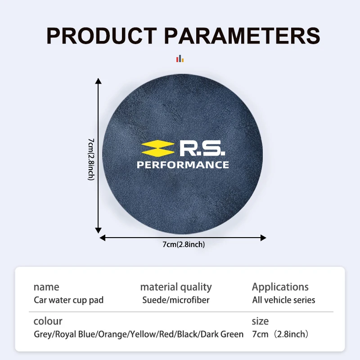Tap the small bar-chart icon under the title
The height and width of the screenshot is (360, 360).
point(180,58)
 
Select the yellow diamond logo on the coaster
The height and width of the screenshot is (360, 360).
point(157,148)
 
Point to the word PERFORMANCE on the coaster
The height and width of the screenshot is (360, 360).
point(183,165)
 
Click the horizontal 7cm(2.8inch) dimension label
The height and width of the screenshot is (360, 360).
point(184,245)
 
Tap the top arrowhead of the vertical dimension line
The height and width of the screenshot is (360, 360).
point(99,81)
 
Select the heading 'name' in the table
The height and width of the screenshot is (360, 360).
point(46,287)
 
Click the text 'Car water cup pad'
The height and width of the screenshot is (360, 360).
point(68,300)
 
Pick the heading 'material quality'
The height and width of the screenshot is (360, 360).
point(176,287)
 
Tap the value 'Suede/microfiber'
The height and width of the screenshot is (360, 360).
point(176,300)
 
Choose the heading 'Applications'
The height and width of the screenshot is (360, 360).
point(280,287)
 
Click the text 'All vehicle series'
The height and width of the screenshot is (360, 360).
point(283,300)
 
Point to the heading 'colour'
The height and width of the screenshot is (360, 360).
point(48,321)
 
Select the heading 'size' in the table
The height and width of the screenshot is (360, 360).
point(260,321)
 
